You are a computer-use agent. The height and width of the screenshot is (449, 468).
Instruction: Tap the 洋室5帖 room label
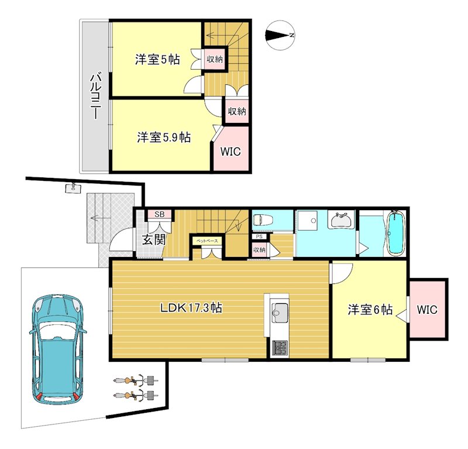click(157, 59)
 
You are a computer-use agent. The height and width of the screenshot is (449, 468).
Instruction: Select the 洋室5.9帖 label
click(164, 138)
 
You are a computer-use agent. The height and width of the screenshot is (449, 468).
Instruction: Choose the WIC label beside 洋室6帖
click(428, 310)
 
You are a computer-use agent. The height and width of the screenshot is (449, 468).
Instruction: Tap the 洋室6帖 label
click(370, 310)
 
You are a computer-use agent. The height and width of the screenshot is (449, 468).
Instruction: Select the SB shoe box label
click(159, 215)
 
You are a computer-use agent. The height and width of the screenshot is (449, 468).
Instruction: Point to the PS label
click(258, 237)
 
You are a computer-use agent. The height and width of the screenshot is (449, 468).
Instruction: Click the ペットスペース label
click(206, 240)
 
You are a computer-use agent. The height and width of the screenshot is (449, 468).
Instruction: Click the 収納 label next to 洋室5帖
click(215, 59)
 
